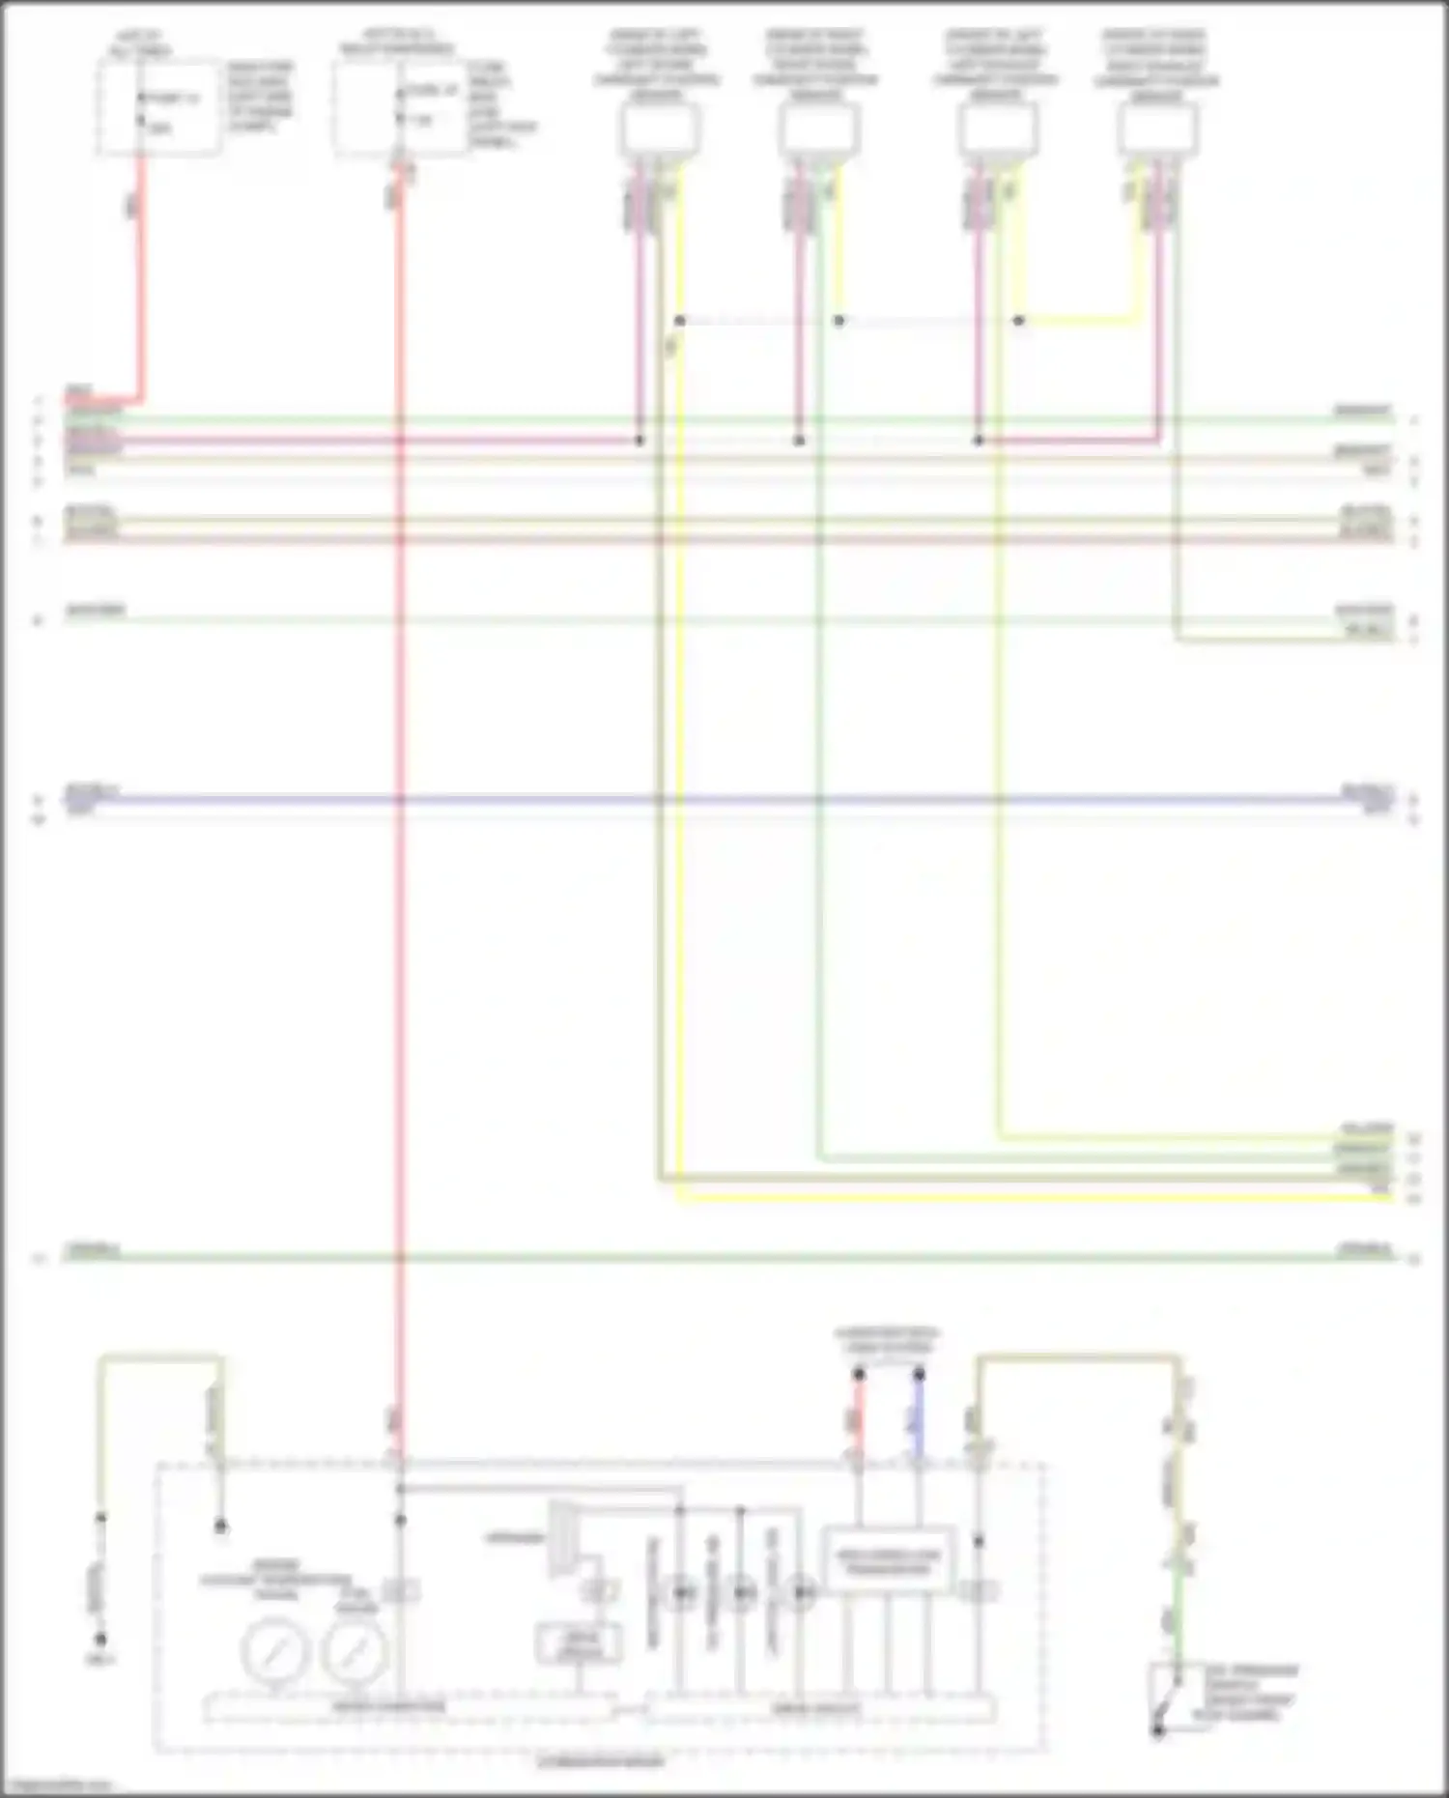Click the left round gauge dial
(275, 1653)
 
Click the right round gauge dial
(355, 1653)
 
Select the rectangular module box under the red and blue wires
(889, 1561)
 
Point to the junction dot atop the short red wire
(859, 1373)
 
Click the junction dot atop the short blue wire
(919, 1373)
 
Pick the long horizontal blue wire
(724, 800)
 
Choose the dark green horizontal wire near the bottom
(724, 1257)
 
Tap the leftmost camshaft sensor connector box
(660, 129)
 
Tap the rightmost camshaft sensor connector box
(1158, 129)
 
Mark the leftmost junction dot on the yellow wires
(680, 320)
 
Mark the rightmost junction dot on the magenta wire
(979, 441)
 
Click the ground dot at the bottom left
(100, 1640)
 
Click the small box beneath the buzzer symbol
(579, 1643)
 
